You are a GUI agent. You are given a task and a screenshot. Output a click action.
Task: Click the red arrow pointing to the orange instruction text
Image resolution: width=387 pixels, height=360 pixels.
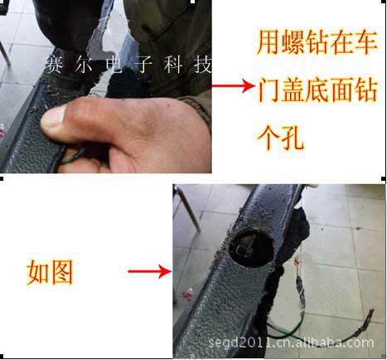tap(234, 85)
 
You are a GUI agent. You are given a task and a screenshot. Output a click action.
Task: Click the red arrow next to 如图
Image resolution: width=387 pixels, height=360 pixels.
tap(151, 271)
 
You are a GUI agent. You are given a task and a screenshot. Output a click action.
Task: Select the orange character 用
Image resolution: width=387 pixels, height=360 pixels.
tap(268, 43)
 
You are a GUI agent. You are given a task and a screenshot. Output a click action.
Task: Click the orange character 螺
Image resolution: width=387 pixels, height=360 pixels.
tap(293, 43)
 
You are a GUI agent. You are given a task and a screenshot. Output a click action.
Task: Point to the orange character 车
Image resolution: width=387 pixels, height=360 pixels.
tap(365, 43)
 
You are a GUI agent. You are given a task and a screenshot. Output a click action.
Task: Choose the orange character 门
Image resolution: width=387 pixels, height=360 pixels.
tap(268, 90)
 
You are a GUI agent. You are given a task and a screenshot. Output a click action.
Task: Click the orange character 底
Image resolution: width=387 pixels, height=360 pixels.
tap(317, 90)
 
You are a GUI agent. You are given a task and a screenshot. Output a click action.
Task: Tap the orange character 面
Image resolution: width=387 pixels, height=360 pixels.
tap(341, 90)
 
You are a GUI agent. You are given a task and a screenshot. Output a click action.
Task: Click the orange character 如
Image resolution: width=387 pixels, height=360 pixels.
tap(37, 272)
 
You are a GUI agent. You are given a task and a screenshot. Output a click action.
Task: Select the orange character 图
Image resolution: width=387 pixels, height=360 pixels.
tap(61, 272)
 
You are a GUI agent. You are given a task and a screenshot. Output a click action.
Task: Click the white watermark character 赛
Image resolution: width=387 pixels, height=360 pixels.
tap(54, 65)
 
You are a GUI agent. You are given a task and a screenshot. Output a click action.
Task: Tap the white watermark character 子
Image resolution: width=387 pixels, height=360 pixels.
tap(143, 65)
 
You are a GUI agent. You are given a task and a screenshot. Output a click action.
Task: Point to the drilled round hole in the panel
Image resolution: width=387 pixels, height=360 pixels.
tap(252, 247)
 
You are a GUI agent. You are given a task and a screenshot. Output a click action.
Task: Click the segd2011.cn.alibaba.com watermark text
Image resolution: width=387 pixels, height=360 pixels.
tap(291, 343)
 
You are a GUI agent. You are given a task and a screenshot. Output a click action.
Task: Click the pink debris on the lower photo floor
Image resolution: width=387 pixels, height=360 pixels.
tap(188, 294)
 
